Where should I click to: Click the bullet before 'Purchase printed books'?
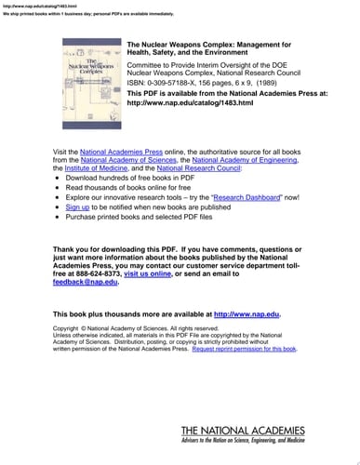[x=59, y=217]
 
